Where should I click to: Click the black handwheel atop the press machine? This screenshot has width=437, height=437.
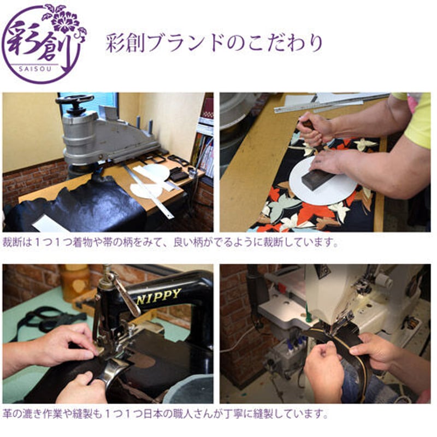coord(74,101)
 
